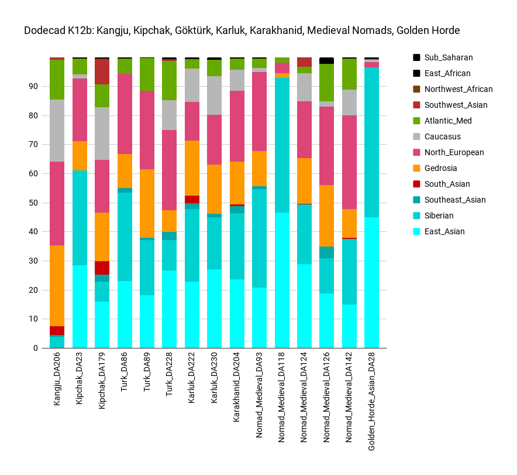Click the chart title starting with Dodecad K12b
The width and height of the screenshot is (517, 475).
242,30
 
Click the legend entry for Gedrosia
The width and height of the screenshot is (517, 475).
443,168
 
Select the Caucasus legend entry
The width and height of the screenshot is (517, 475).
443,136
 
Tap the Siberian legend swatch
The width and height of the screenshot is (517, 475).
416,216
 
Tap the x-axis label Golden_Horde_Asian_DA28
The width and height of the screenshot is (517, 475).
371,405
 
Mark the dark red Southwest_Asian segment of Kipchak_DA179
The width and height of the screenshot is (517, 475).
102,71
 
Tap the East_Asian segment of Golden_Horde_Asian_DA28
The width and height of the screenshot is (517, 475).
371,282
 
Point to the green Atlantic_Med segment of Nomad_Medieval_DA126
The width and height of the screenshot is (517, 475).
326,83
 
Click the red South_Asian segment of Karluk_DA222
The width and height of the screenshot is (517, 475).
192,199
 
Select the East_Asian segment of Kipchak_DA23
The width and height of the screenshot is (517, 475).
80,306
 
